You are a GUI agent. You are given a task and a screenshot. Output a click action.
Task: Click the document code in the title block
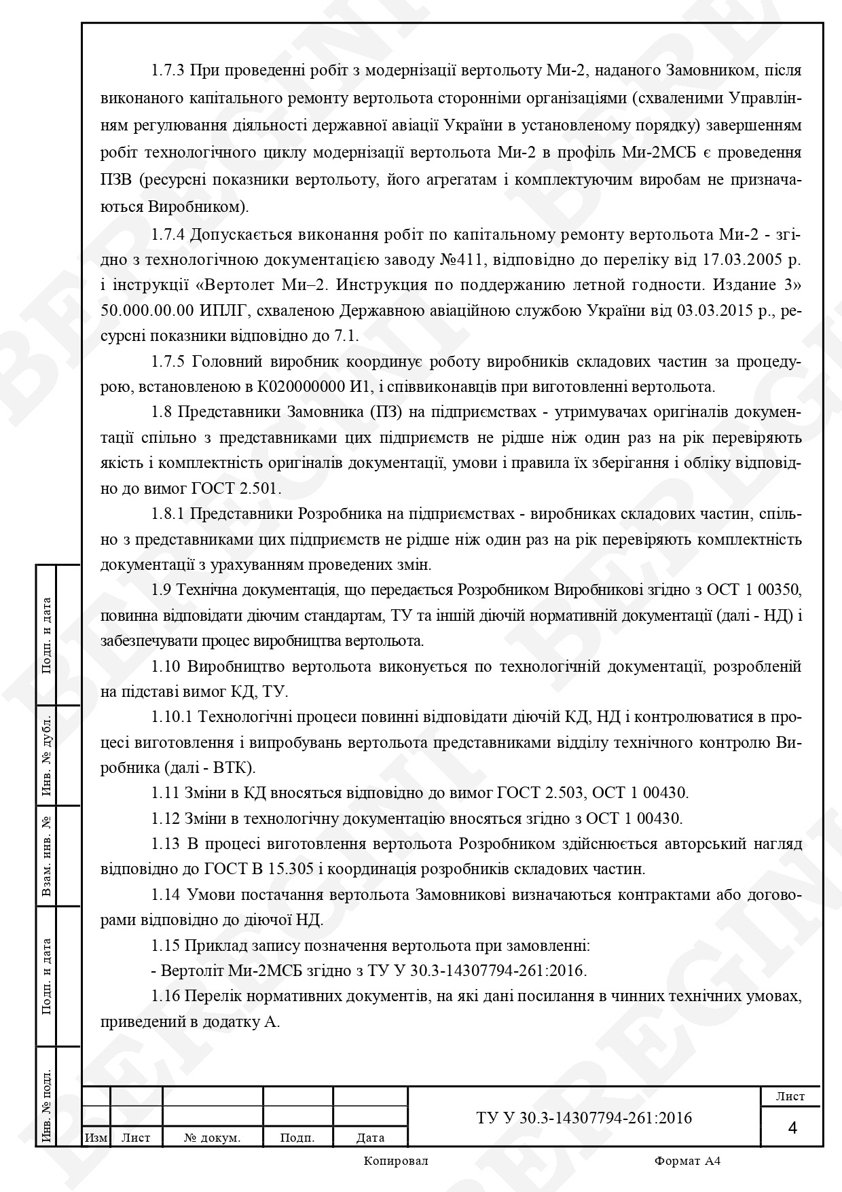(584, 1118)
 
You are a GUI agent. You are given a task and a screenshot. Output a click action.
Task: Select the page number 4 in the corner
(792, 1128)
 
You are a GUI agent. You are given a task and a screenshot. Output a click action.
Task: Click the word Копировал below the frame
(396, 1161)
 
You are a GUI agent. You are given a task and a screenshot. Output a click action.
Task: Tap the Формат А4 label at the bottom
(687, 1161)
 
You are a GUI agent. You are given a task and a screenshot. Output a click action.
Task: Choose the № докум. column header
(213, 1138)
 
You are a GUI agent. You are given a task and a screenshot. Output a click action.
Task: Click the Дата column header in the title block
(370, 1138)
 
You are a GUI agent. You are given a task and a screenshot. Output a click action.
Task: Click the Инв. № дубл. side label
(48, 755)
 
